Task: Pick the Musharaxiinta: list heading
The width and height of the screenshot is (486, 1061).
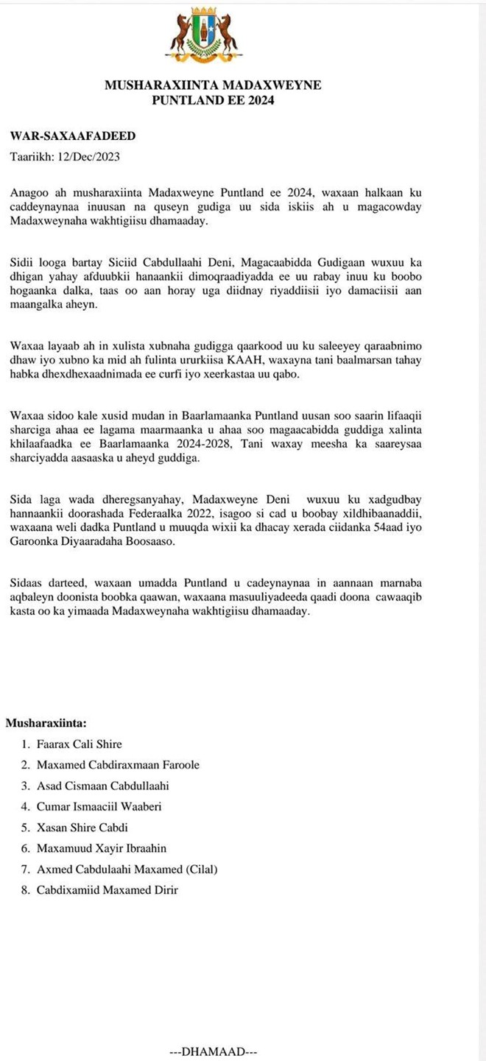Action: [46, 723]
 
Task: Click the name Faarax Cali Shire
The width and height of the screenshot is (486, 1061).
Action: [80, 744]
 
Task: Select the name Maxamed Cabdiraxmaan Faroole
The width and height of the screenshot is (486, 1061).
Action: [118, 765]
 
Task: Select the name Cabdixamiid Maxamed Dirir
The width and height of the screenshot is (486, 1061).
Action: [108, 889]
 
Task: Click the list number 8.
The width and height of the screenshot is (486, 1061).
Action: [25, 889]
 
